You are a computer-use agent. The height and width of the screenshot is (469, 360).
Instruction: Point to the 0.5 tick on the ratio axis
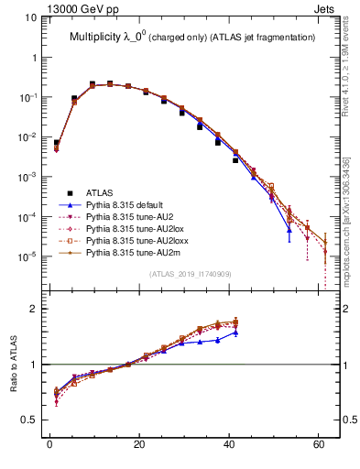pos(31,420)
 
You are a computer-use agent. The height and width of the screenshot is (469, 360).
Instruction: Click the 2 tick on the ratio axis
pos(36,309)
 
